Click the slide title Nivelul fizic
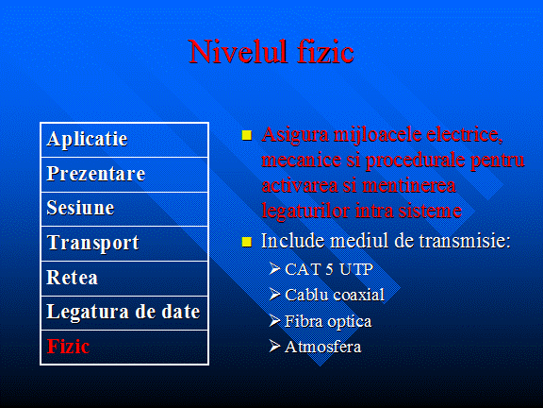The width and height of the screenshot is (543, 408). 271,52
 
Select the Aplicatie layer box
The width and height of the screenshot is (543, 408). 124,140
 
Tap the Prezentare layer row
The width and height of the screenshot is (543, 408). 124,175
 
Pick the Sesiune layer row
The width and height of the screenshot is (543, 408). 124,209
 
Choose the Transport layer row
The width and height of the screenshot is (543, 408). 124,244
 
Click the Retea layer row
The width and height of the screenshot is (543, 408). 124,279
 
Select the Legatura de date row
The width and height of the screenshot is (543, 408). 124,313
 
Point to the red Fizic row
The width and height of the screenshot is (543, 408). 124,347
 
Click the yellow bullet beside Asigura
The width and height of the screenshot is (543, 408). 247,135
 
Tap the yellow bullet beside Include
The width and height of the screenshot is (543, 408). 247,242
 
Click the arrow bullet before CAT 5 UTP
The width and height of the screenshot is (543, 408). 274,268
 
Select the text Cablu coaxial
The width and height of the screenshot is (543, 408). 335,295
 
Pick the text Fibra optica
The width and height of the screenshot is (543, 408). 328,322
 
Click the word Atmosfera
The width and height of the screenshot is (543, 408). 322,347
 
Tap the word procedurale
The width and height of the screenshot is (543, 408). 414,161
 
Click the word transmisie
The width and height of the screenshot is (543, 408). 465,241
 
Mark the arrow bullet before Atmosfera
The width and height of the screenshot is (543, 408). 274,346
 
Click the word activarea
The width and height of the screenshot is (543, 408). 300,185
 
